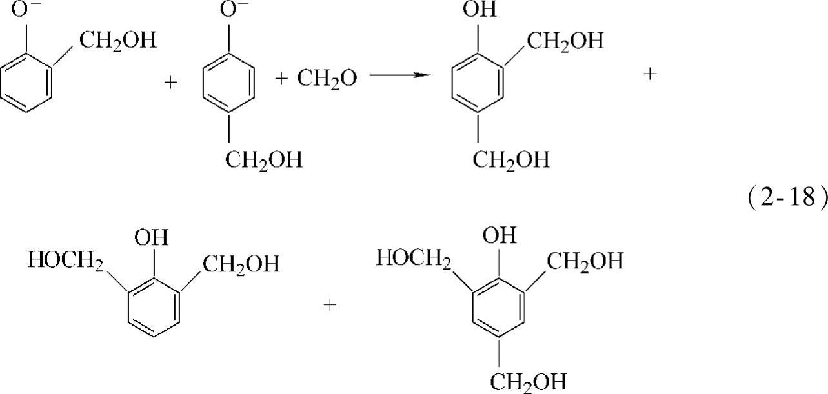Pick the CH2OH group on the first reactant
117,42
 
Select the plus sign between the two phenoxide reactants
170,84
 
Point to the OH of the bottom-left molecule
150,238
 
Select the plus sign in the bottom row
330,304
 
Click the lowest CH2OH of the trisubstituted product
529,380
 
